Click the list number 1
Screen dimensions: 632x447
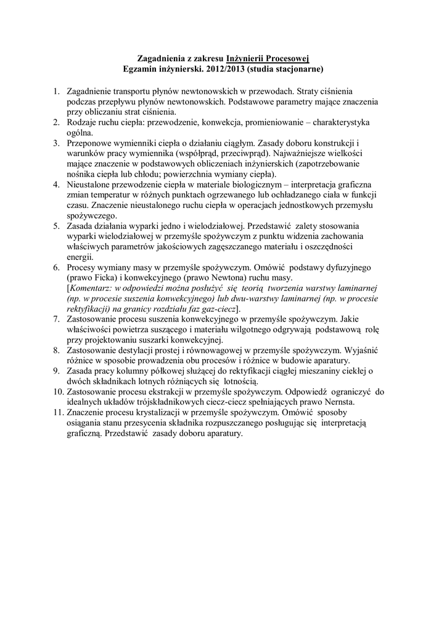pos(56,91)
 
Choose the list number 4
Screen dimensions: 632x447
pos(56,184)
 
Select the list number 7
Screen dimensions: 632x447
pos(56,319)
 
